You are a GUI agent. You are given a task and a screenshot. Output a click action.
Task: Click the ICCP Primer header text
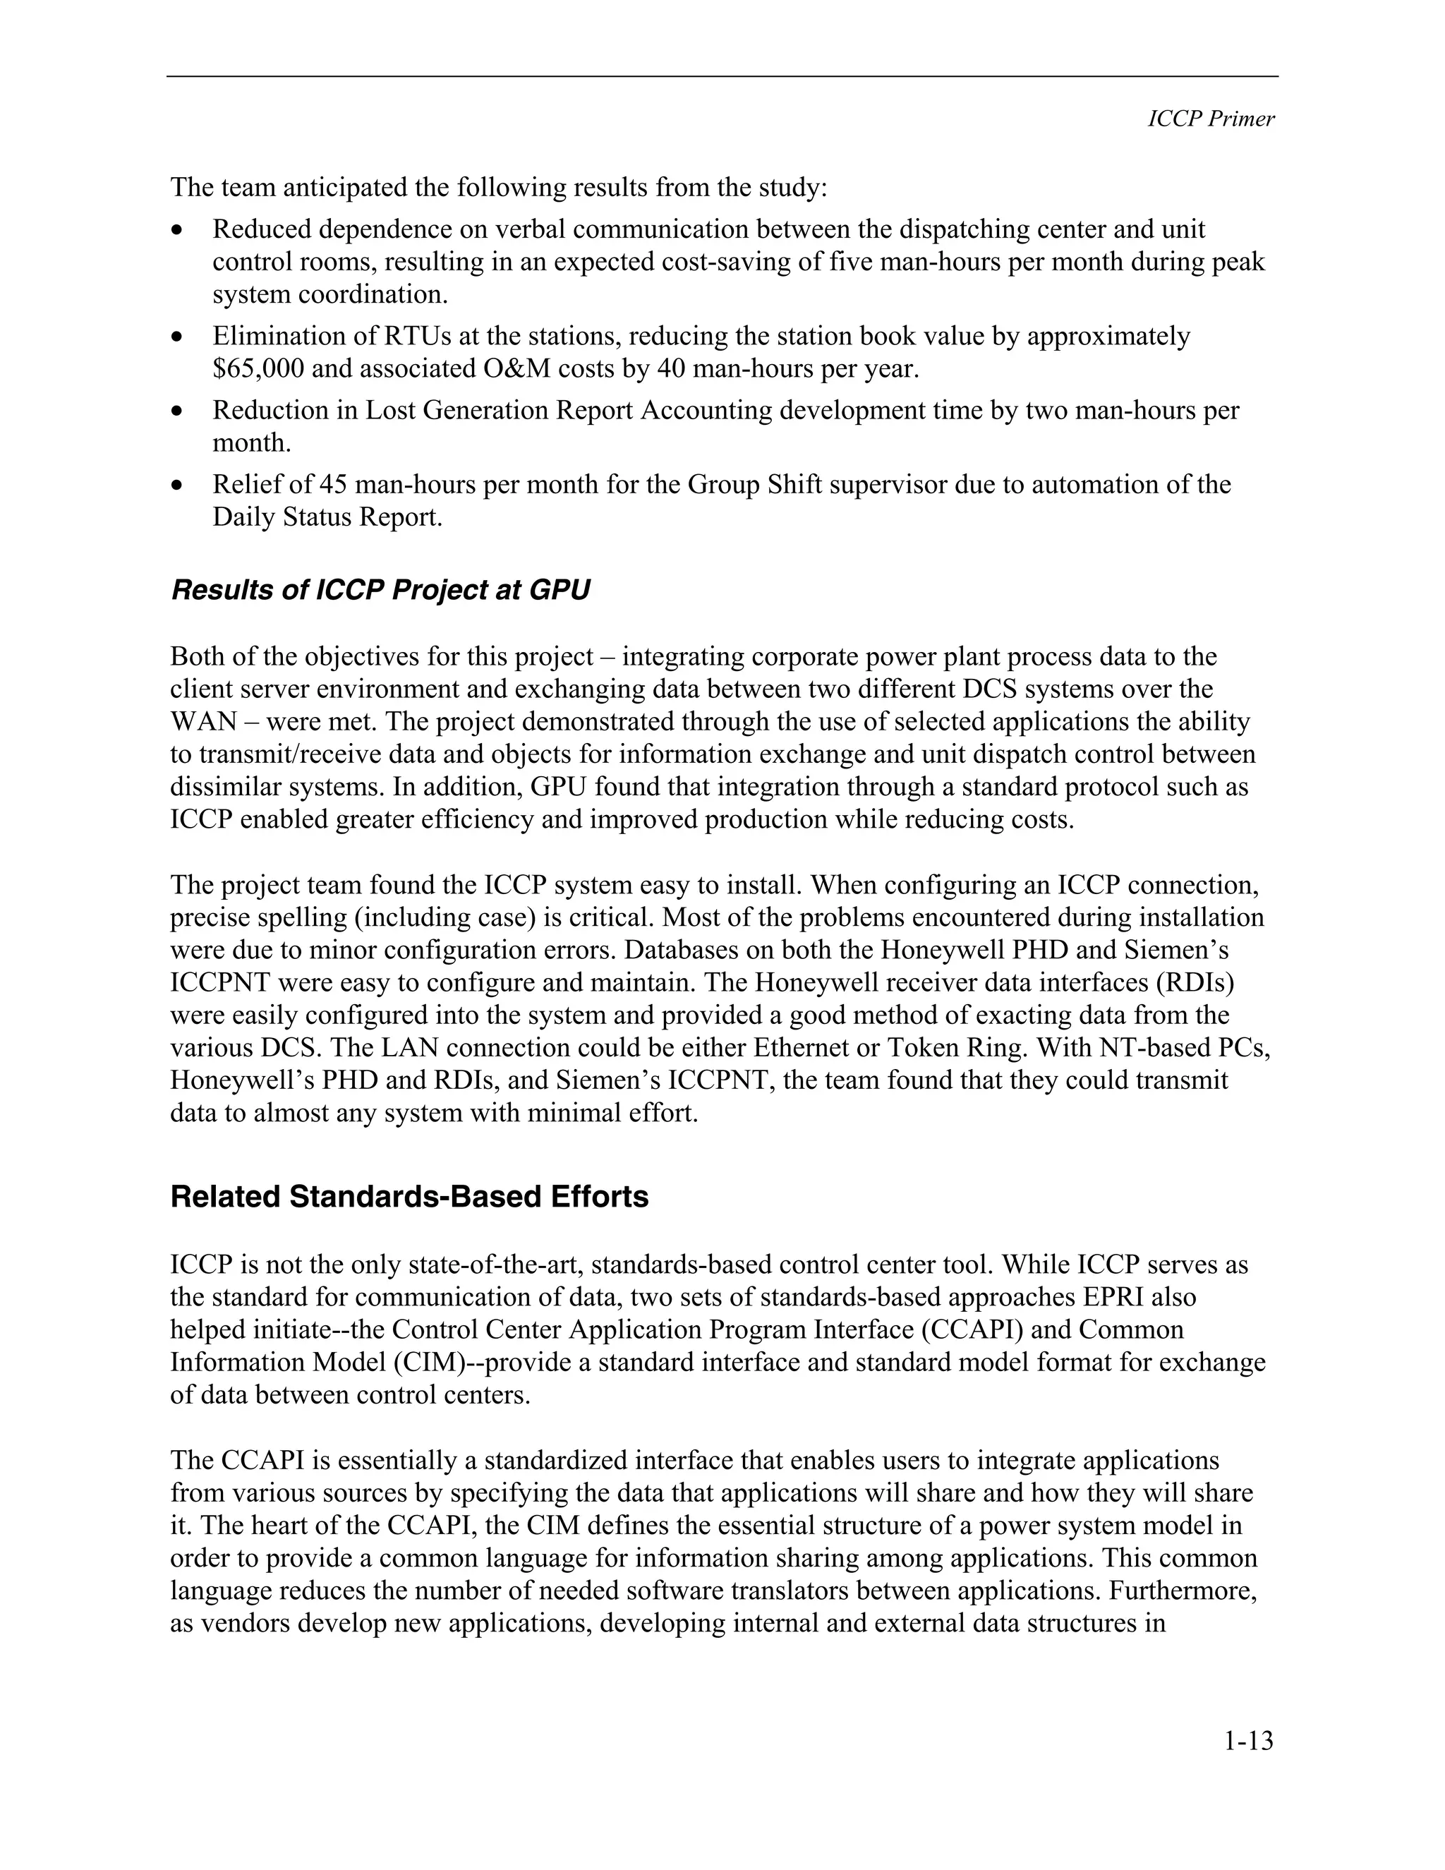click(x=1211, y=119)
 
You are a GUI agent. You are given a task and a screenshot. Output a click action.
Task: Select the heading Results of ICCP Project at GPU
click(x=380, y=591)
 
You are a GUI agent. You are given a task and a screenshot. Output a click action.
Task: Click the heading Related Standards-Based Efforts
click(x=409, y=1197)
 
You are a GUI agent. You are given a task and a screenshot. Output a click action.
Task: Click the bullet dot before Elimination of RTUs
click(x=177, y=337)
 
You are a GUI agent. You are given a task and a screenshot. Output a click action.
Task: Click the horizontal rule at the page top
click(x=722, y=77)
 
